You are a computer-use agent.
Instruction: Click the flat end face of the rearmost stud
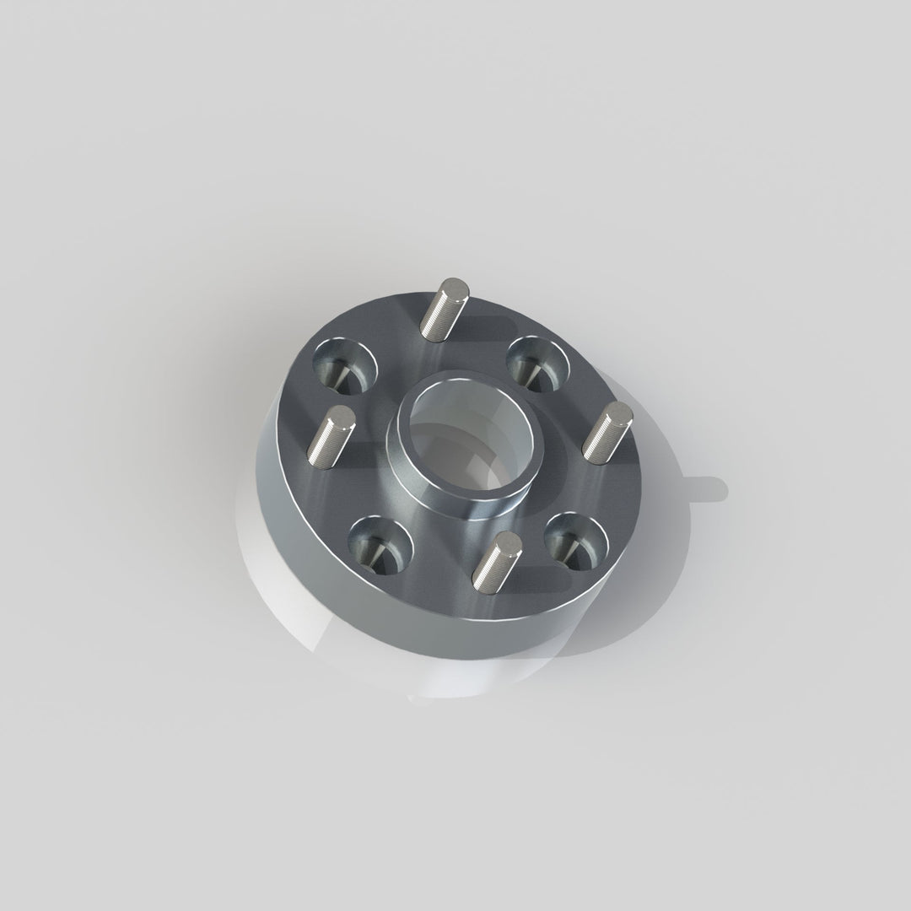455,289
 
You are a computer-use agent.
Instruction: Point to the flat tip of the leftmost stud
340,415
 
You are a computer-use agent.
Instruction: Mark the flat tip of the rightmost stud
621,413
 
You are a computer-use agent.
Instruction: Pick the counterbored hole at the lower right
576,538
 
